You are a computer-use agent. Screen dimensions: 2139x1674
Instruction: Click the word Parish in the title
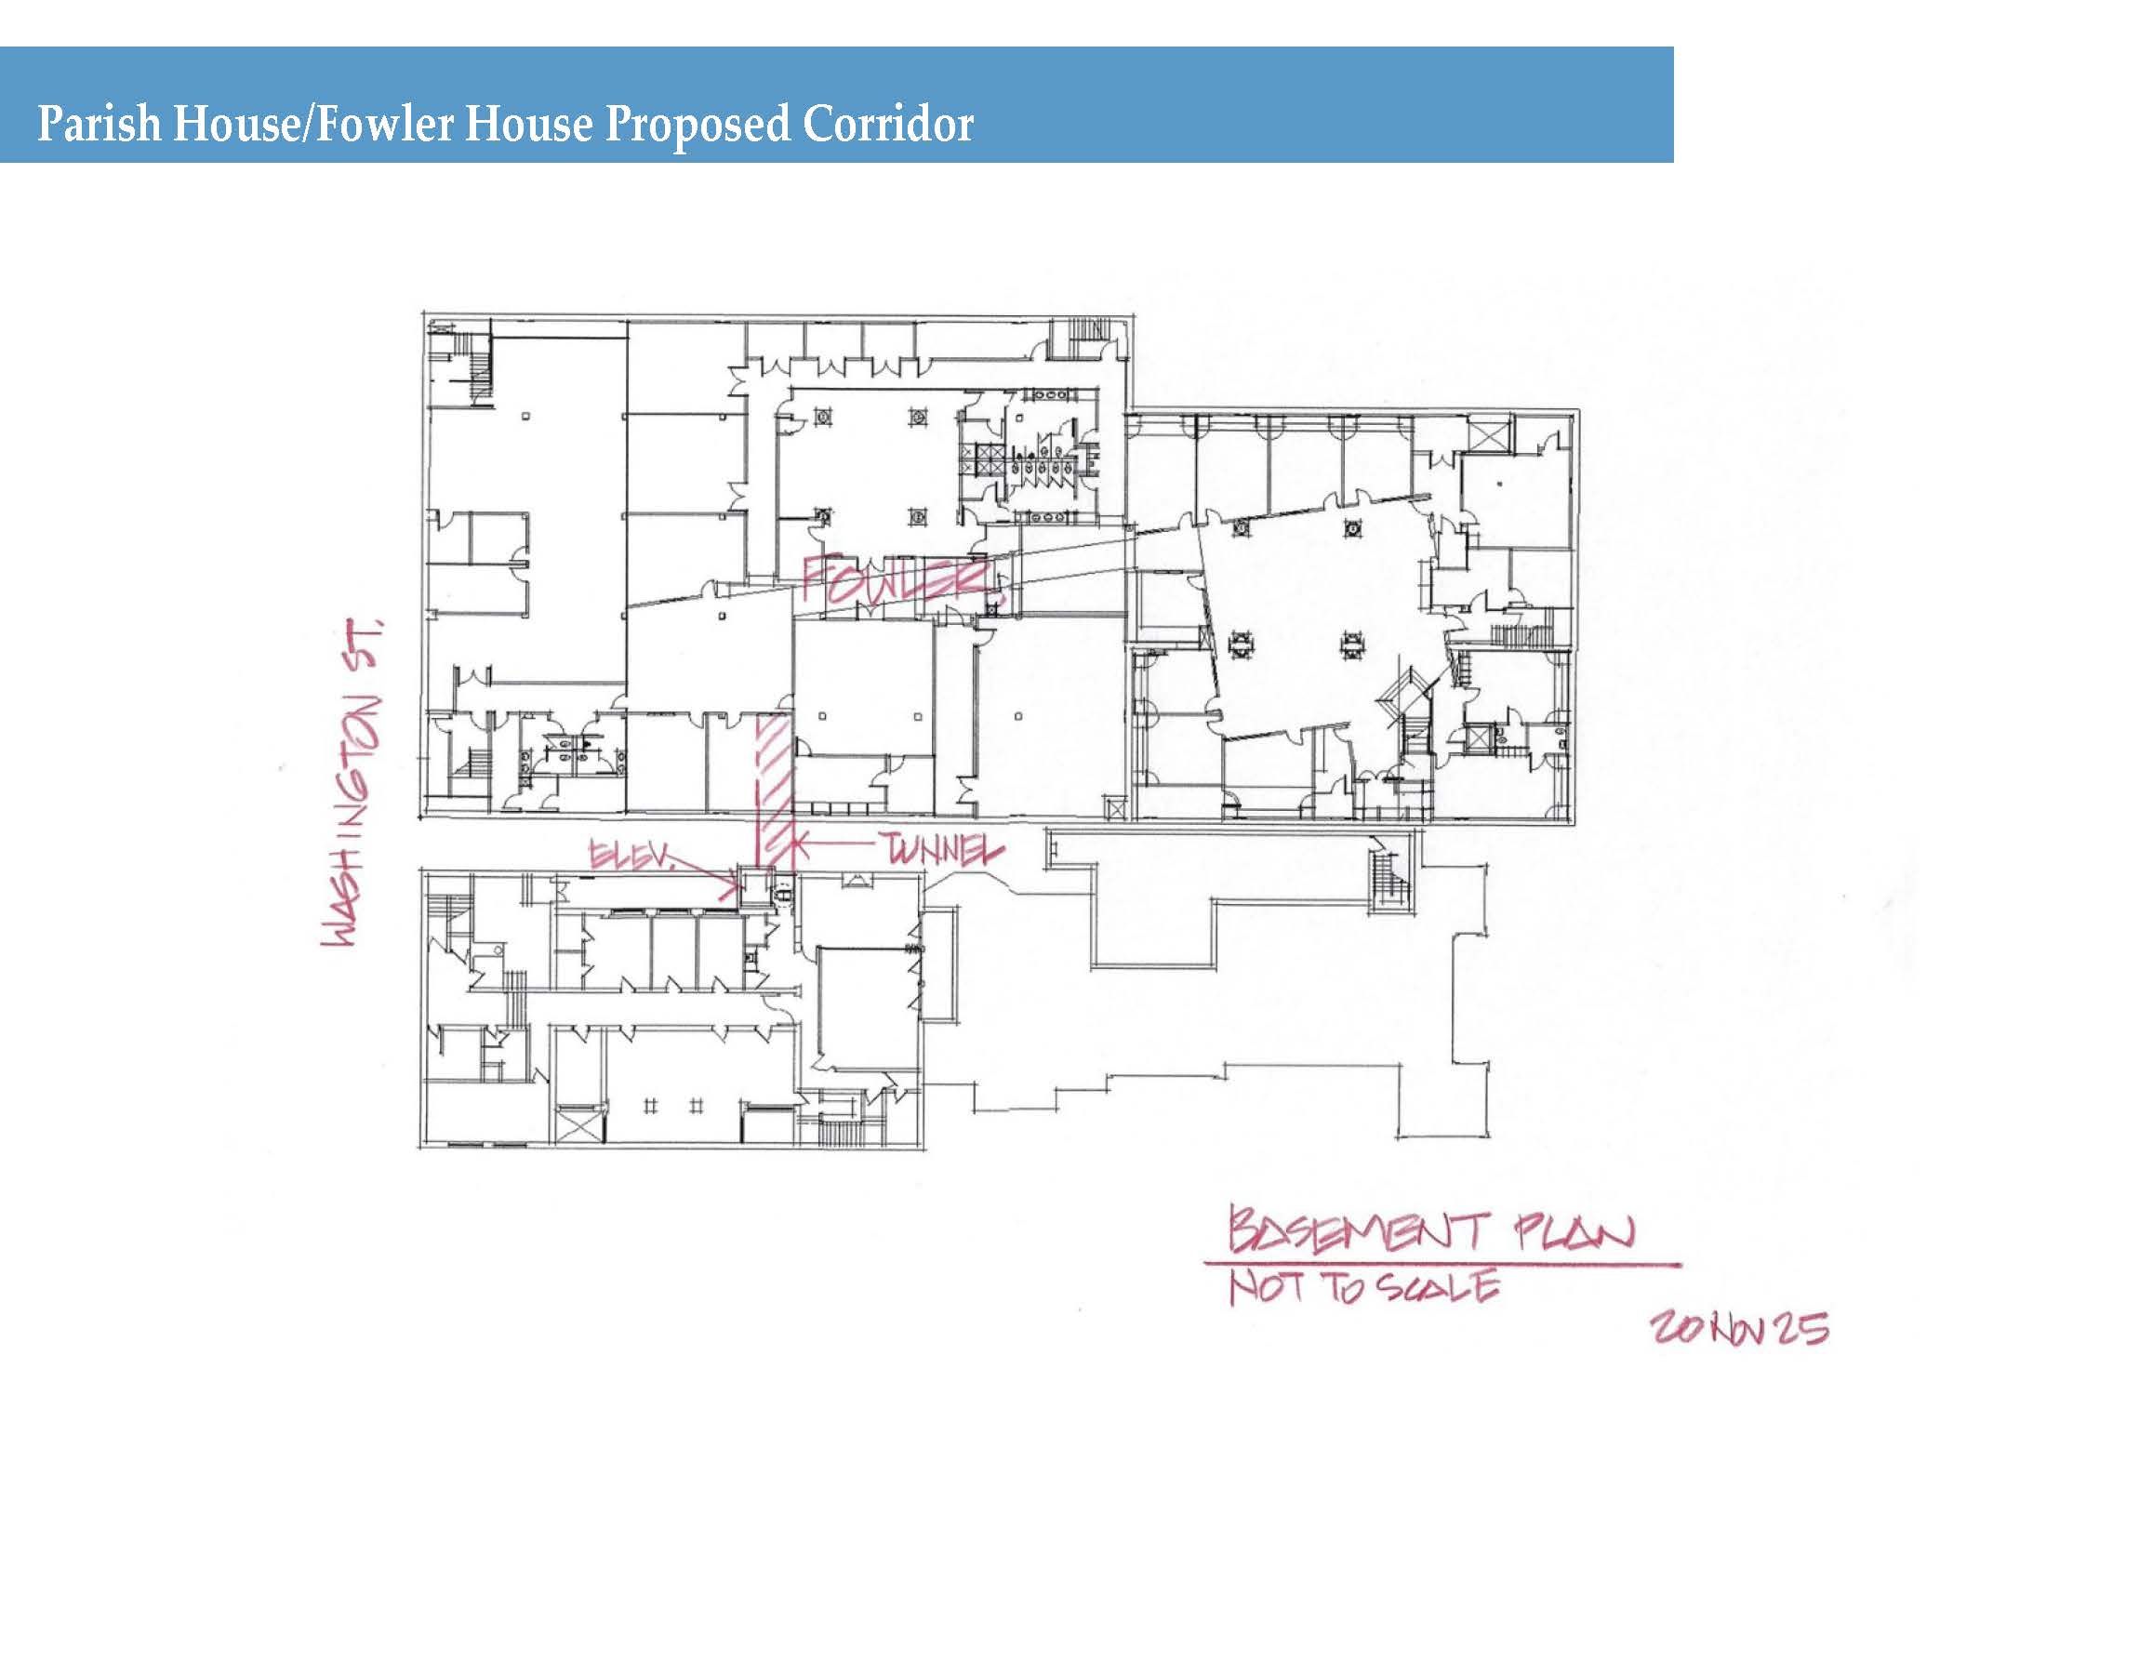click(98, 125)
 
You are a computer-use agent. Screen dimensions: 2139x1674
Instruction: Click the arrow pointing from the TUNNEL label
click(834, 842)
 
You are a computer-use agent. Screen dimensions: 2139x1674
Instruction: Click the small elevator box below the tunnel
click(755, 887)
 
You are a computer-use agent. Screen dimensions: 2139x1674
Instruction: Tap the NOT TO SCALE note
click(1364, 1287)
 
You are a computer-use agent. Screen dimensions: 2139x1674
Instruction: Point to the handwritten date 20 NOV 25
click(1739, 1328)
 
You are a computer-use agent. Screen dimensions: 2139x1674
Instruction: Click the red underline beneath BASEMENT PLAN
click(1441, 1264)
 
